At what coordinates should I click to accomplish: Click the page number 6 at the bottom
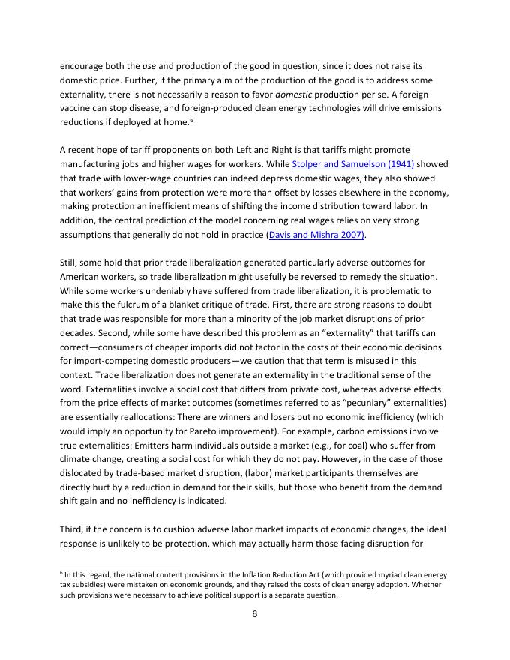[255, 613]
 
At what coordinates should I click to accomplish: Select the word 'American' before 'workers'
[82, 277]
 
